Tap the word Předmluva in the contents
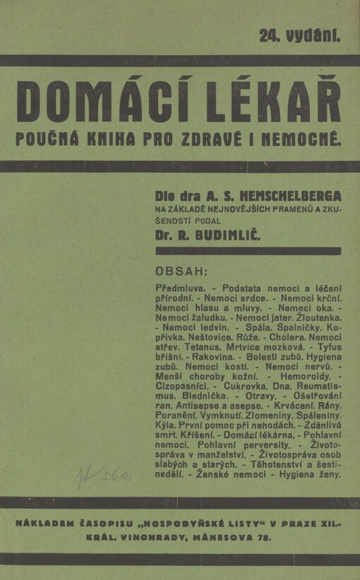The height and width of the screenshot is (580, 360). pyautogui.click(x=180, y=289)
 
